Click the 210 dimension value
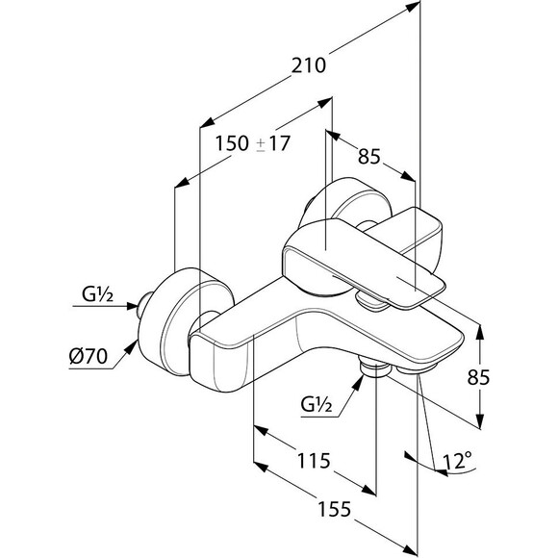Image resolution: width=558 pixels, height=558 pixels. (x=309, y=65)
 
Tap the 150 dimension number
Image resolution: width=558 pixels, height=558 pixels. (x=232, y=143)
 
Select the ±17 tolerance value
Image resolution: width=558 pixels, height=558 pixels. (x=273, y=143)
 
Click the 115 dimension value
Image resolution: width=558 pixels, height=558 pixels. (x=314, y=461)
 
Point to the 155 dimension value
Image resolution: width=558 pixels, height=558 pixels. (x=334, y=509)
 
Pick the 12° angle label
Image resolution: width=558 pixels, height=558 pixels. (x=457, y=461)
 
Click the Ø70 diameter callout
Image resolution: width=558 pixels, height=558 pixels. (x=88, y=356)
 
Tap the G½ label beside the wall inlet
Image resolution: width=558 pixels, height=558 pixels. (x=97, y=294)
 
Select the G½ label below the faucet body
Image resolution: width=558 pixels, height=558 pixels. (x=317, y=404)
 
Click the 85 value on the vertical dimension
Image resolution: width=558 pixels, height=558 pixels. (x=479, y=377)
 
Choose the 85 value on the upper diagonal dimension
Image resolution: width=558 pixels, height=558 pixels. (x=369, y=156)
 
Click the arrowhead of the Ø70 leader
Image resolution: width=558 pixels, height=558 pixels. (x=131, y=347)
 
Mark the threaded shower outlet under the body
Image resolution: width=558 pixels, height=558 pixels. (x=373, y=368)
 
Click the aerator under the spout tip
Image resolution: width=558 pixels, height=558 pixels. (x=418, y=368)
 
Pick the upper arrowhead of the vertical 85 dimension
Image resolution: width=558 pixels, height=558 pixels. (x=480, y=332)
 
